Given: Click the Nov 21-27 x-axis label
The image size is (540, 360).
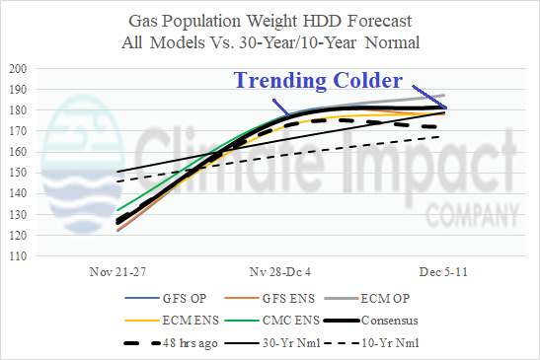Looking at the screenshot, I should click(x=116, y=268).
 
